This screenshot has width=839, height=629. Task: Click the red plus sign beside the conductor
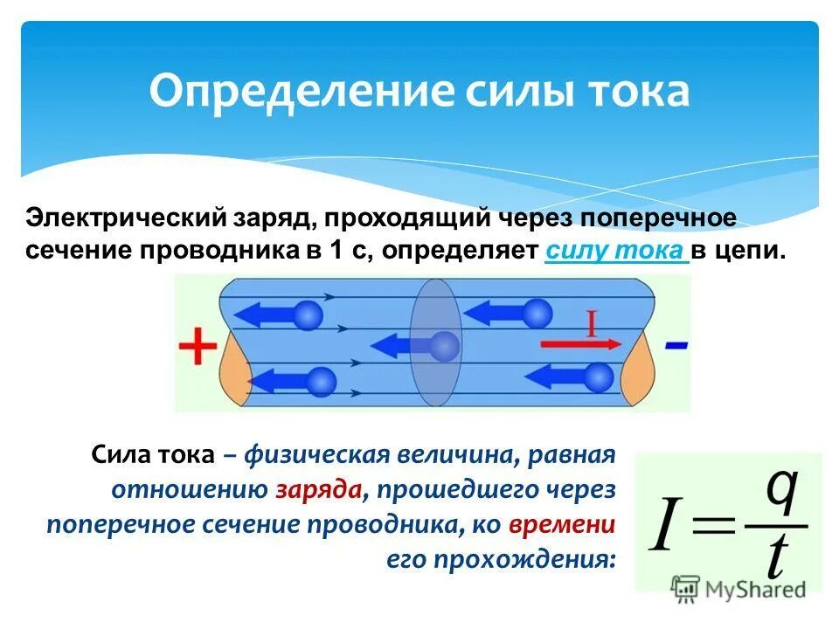(x=198, y=349)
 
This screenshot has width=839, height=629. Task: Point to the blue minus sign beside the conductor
(x=676, y=346)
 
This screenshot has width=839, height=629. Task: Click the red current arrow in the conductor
(x=581, y=343)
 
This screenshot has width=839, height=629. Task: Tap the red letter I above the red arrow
(x=591, y=324)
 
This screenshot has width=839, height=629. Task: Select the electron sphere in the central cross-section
(x=444, y=346)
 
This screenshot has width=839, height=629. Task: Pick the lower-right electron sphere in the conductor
(x=599, y=377)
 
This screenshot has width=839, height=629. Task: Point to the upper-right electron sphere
(x=538, y=313)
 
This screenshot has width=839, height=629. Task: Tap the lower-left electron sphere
(x=322, y=381)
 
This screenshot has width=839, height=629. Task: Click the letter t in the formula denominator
(x=774, y=556)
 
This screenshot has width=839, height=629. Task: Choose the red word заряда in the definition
(x=319, y=489)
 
